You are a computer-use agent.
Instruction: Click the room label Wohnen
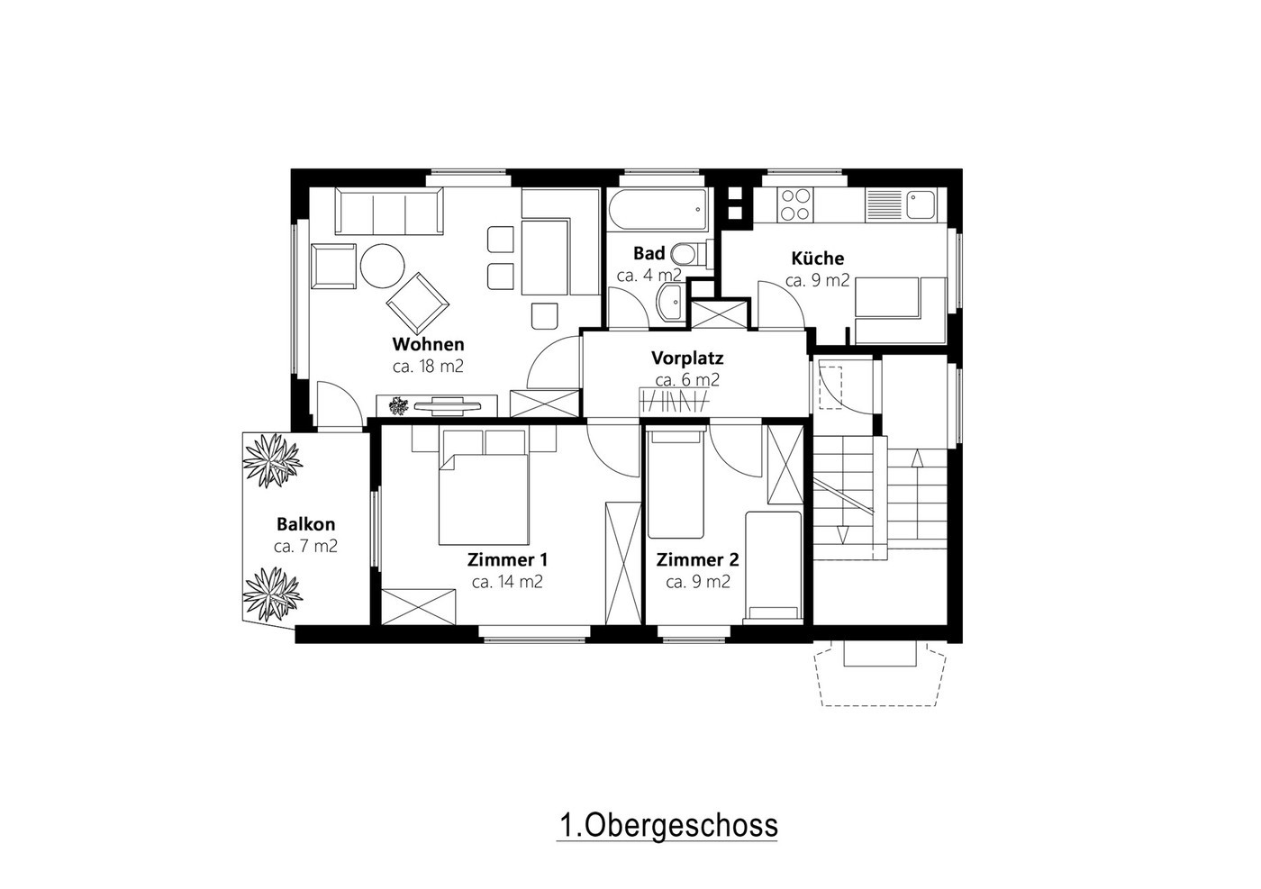pyautogui.click(x=428, y=344)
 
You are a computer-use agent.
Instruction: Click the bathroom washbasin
pyautogui.click(x=670, y=303)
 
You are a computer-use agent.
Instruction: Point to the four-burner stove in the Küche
pyautogui.click(x=795, y=204)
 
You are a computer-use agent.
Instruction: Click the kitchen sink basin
pyautogui.click(x=920, y=204)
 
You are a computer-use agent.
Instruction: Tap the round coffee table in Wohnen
pyautogui.click(x=382, y=266)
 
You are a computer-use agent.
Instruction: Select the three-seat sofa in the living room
pyautogui.click(x=389, y=211)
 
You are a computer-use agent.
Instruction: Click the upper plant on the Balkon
pyautogui.click(x=272, y=459)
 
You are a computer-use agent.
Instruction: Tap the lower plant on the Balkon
pyautogui.click(x=272, y=594)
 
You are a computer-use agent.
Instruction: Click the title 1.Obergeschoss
pyautogui.click(x=668, y=825)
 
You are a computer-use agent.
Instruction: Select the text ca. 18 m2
pyautogui.click(x=428, y=367)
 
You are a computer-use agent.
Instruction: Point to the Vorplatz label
pyautogui.click(x=686, y=358)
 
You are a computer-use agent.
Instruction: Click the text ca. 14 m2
pyautogui.click(x=507, y=582)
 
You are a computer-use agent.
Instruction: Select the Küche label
pyautogui.click(x=818, y=259)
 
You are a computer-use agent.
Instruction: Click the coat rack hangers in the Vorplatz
pyautogui.click(x=675, y=399)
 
